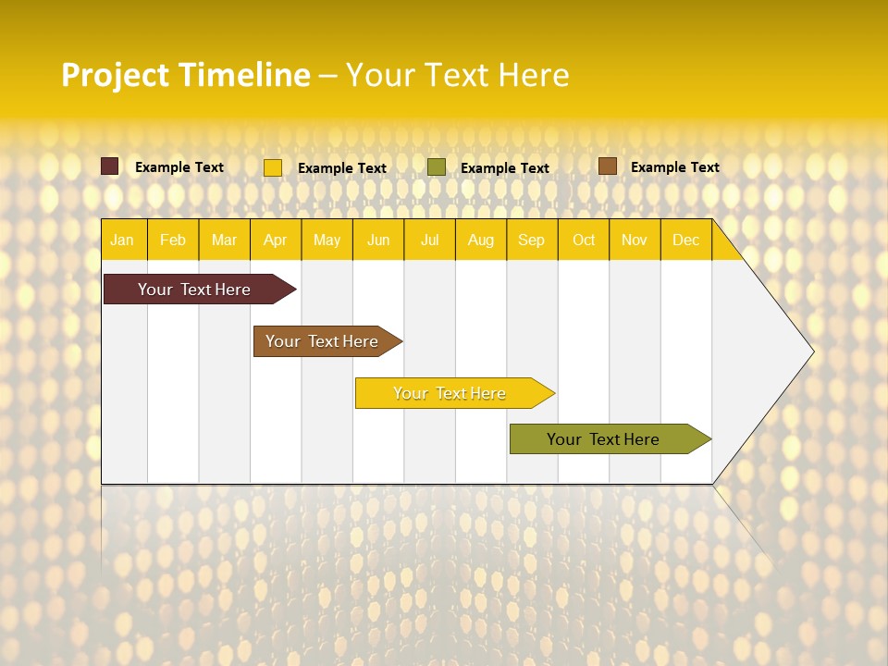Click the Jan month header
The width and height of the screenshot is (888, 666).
click(122, 240)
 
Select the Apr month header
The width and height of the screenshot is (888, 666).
click(275, 240)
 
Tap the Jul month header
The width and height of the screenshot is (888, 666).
click(429, 240)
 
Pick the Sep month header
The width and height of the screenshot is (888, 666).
click(531, 240)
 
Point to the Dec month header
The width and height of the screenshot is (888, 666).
click(685, 240)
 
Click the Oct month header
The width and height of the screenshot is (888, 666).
click(584, 240)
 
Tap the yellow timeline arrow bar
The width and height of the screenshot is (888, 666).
click(450, 393)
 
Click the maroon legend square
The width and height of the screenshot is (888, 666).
click(110, 166)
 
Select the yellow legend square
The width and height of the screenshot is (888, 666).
click(273, 167)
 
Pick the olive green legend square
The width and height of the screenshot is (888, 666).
click(437, 167)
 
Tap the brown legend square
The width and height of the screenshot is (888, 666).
click(608, 166)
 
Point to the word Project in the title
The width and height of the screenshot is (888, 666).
click(116, 75)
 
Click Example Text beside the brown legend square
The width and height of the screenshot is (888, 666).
click(674, 167)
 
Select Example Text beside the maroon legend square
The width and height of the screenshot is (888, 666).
click(179, 167)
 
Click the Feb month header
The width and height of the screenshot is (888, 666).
click(173, 240)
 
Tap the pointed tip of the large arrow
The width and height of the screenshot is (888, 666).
click(811, 351)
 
